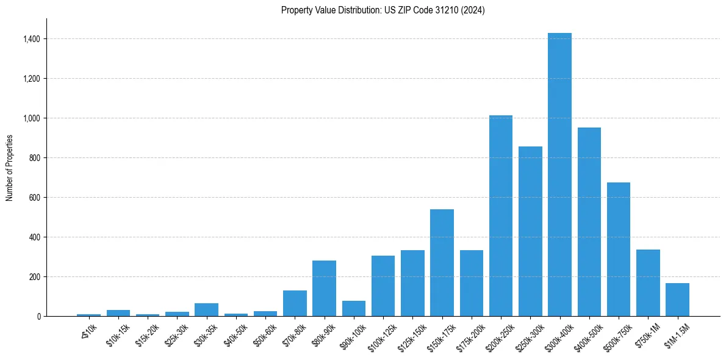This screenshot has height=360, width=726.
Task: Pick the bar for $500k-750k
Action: pyautogui.click(x=618, y=249)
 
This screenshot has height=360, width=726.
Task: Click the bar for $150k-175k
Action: pyautogui.click(x=442, y=262)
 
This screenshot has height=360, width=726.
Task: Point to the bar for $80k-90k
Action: pyautogui.click(x=324, y=288)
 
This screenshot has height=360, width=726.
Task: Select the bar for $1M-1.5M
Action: pyautogui.click(x=677, y=300)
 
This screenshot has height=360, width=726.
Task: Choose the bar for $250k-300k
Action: pyautogui.click(x=530, y=231)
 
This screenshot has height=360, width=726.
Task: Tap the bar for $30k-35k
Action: pyautogui.click(x=206, y=309)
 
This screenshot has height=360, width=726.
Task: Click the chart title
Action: pyautogui.click(x=383, y=10)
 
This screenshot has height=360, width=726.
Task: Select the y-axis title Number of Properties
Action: pyautogui.click(x=10, y=168)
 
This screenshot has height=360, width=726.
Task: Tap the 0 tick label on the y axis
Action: pyautogui.click(x=38, y=317)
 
